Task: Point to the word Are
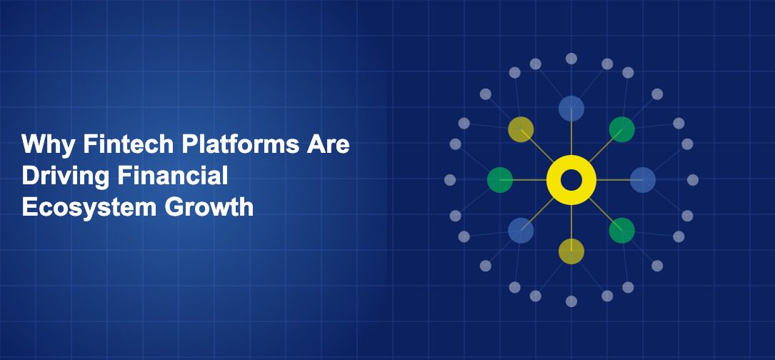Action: pyautogui.click(x=329, y=145)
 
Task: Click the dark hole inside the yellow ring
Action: pyautogui.click(x=571, y=180)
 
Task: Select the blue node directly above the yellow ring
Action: pyautogui.click(x=571, y=109)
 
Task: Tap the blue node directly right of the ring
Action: pyautogui.click(x=643, y=180)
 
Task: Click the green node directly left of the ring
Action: pyautogui.click(x=500, y=180)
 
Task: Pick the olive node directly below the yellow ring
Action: pyautogui.click(x=571, y=251)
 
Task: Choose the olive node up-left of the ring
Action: pyautogui.click(x=521, y=129)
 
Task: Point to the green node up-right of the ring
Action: pyautogui.click(x=622, y=129)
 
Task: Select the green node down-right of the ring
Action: pyautogui.click(x=622, y=231)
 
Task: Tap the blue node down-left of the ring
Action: pyautogui.click(x=521, y=231)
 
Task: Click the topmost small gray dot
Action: pyautogui.click(x=571, y=59)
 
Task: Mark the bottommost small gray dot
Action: pyautogui.click(x=571, y=301)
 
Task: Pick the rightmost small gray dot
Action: pyautogui.click(x=693, y=180)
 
